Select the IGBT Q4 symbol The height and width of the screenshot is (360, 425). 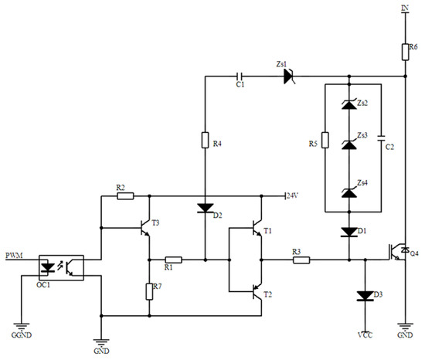click(x=397, y=250)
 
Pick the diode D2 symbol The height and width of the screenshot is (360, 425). click(x=205, y=208)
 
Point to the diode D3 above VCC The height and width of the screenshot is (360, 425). click(x=363, y=295)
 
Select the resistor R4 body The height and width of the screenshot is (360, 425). click(x=205, y=141)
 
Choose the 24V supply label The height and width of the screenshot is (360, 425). click(x=291, y=195)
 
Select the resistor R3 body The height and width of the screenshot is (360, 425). click(x=301, y=260)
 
